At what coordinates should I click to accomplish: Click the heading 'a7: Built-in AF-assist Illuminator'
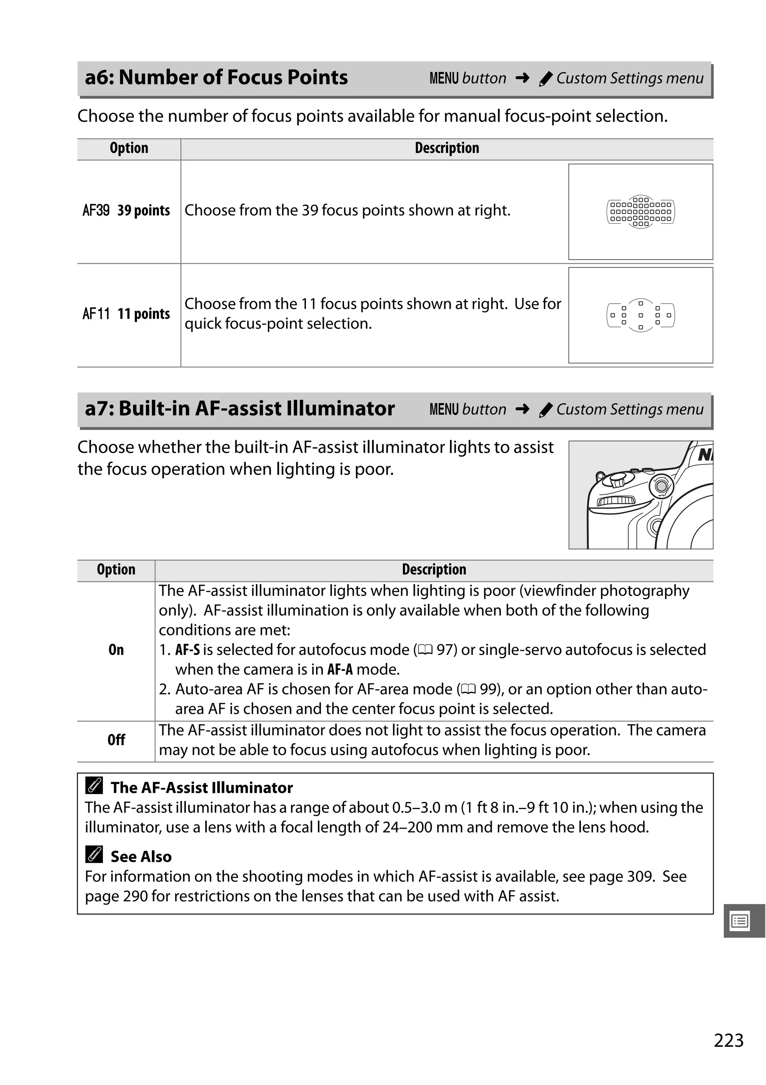click(240, 408)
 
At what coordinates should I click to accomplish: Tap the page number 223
click(728, 1040)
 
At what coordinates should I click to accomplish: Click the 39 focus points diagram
click(640, 212)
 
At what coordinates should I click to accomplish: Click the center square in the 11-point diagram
click(640, 315)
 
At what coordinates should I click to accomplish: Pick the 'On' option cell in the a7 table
click(116, 650)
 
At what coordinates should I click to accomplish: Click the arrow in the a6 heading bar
click(522, 77)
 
